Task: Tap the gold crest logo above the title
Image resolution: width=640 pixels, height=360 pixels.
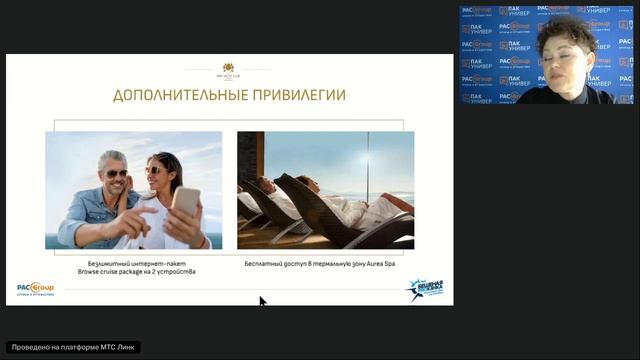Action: (x=229, y=70)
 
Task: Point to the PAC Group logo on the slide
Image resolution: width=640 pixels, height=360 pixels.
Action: (x=35, y=288)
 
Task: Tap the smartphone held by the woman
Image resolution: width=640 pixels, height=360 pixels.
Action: (x=185, y=202)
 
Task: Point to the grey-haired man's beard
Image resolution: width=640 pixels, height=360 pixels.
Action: (x=118, y=187)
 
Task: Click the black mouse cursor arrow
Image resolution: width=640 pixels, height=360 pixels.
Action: (x=262, y=301)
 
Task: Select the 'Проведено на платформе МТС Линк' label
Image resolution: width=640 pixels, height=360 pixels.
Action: (x=72, y=347)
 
